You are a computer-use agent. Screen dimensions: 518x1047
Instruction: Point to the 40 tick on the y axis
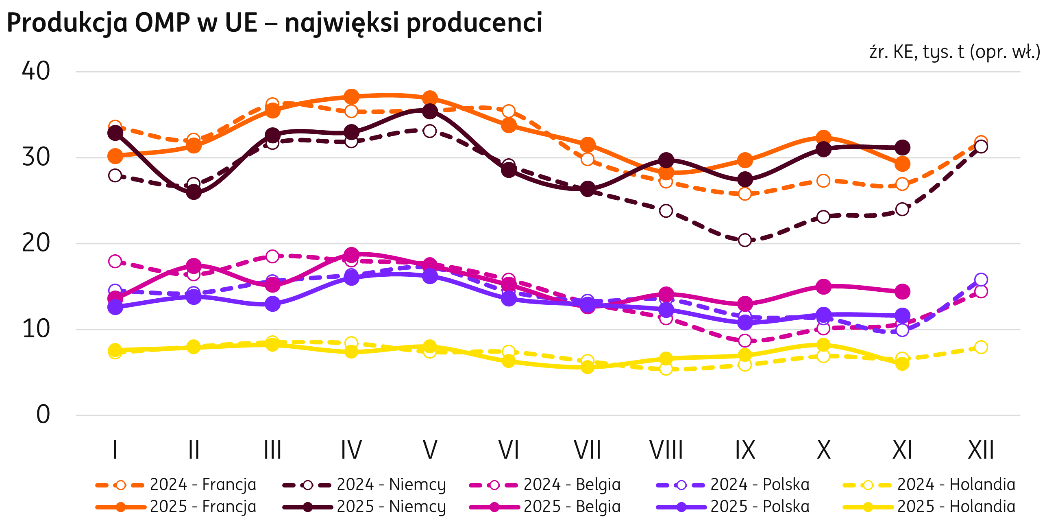(x=36, y=72)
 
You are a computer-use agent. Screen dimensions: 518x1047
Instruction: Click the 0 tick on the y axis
(x=43, y=415)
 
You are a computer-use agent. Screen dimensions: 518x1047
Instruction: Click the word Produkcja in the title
(x=67, y=23)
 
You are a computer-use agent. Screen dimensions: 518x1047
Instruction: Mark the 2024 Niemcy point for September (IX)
(x=745, y=240)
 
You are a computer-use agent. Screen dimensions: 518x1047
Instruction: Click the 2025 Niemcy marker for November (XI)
(x=902, y=147)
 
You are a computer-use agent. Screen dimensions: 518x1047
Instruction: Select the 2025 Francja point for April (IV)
(x=351, y=97)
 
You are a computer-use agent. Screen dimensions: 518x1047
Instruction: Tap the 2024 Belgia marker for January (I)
(x=115, y=261)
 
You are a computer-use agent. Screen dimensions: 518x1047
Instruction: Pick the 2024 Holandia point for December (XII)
(x=981, y=347)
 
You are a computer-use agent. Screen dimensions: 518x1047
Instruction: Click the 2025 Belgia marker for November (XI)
(x=902, y=291)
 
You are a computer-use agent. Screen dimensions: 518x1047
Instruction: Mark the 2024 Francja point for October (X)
(x=823, y=181)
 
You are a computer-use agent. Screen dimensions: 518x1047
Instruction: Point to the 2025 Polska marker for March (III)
(x=272, y=304)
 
